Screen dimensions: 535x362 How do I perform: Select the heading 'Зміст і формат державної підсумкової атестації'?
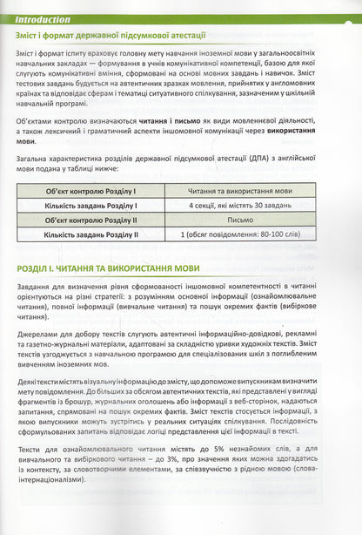(110, 36)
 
